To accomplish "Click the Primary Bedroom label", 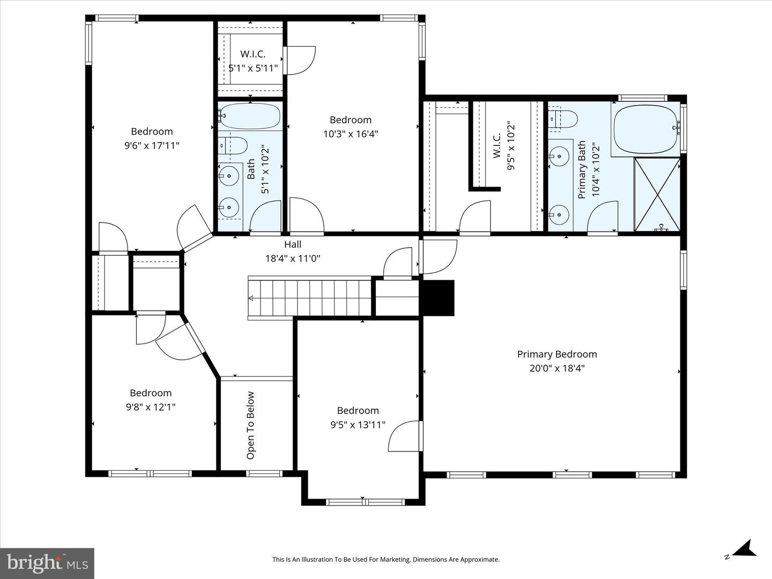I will point(556,354).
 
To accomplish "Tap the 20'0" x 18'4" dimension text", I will point(556,368).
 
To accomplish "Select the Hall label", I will point(293,244).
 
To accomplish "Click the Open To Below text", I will point(250,425).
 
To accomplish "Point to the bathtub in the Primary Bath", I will point(645,129).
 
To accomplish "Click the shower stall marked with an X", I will point(657,194).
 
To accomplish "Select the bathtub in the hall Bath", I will point(250,116).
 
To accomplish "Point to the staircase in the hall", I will point(310,298).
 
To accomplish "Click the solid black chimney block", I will point(438,298).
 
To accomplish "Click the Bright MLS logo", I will point(47,563).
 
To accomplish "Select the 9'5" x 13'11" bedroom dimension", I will point(358,425).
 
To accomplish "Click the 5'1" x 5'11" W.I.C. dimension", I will point(253,68).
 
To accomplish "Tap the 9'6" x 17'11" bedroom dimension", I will point(152,145).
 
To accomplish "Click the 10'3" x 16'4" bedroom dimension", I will point(351,134).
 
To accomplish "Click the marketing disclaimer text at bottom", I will point(385,560).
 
